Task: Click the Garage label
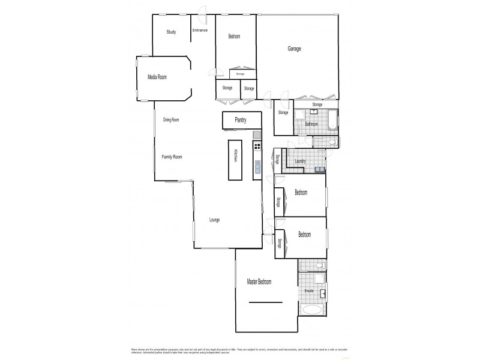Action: [x=294, y=49]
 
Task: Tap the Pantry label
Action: [x=241, y=120]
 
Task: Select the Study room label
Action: [x=171, y=32]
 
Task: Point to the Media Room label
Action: [x=157, y=77]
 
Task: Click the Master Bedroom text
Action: [x=259, y=281]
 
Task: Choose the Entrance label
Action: [x=200, y=30]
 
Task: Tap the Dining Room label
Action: [x=171, y=120]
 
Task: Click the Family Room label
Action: [x=172, y=157]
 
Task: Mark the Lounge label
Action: [x=214, y=220]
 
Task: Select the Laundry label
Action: [x=301, y=161]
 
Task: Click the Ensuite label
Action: [x=309, y=290]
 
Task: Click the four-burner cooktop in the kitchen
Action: [x=257, y=146]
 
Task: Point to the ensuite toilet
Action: [x=321, y=265]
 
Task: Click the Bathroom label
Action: [x=311, y=124]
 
